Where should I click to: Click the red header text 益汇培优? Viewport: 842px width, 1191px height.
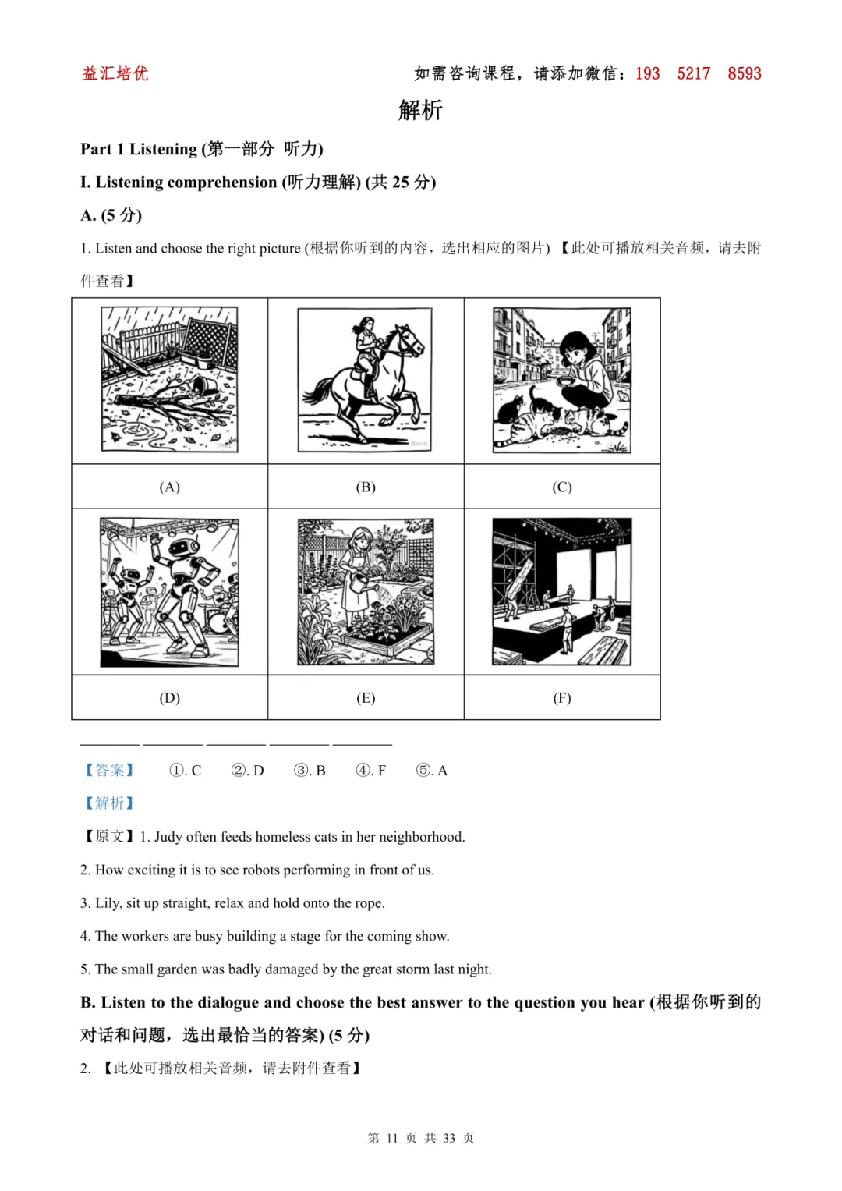(x=115, y=73)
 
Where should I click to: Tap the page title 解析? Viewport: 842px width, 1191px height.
(x=420, y=110)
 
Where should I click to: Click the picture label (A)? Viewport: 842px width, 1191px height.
(x=169, y=487)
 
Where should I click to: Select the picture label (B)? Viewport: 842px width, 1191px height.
(x=366, y=487)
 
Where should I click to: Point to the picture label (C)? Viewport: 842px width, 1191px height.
(x=562, y=487)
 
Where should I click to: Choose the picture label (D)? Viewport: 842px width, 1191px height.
(x=169, y=698)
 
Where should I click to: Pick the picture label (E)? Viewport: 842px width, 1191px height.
(x=366, y=698)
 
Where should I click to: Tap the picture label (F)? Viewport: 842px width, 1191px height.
(x=562, y=698)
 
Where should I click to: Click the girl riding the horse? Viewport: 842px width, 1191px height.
(x=366, y=351)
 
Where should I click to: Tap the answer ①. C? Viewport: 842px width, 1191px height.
(x=186, y=771)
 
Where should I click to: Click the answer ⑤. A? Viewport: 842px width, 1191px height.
(x=432, y=771)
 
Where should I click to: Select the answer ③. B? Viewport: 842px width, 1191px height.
(x=310, y=771)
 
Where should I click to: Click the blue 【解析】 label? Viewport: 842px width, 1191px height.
(x=109, y=803)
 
